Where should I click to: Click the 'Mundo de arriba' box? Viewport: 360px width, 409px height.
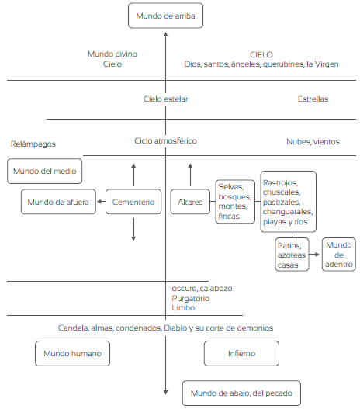[x=165, y=16]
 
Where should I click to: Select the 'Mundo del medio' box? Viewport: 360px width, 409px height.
[x=44, y=171]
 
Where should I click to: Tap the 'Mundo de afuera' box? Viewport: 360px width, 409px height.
[x=58, y=202]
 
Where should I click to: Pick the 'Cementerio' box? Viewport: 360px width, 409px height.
[x=133, y=202]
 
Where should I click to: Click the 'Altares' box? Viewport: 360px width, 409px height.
[x=190, y=202]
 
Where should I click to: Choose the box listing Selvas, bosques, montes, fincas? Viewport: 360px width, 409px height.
[x=235, y=202]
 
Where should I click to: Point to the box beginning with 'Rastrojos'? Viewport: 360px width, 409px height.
[x=289, y=202]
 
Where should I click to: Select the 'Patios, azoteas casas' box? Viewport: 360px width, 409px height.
[x=292, y=255]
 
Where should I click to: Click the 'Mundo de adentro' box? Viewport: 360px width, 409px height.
[x=338, y=255]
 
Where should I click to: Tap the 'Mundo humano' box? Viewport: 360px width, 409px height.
[x=72, y=353]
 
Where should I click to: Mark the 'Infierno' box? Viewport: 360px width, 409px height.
[x=241, y=353]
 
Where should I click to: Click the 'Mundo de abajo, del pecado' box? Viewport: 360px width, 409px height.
[x=241, y=393]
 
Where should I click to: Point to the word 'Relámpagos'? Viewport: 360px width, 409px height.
[x=33, y=144]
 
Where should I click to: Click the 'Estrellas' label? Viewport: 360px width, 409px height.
[x=313, y=99]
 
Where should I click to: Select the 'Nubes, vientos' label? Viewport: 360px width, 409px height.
[x=313, y=142]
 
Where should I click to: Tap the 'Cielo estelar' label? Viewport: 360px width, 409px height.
[x=165, y=99]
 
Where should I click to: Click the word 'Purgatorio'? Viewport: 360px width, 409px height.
[x=191, y=298]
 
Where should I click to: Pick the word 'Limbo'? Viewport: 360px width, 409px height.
[x=183, y=308]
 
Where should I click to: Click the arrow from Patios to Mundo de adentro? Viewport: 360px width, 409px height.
[x=314, y=255]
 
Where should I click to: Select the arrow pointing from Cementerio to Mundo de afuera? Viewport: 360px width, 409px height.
[x=101, y=202]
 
